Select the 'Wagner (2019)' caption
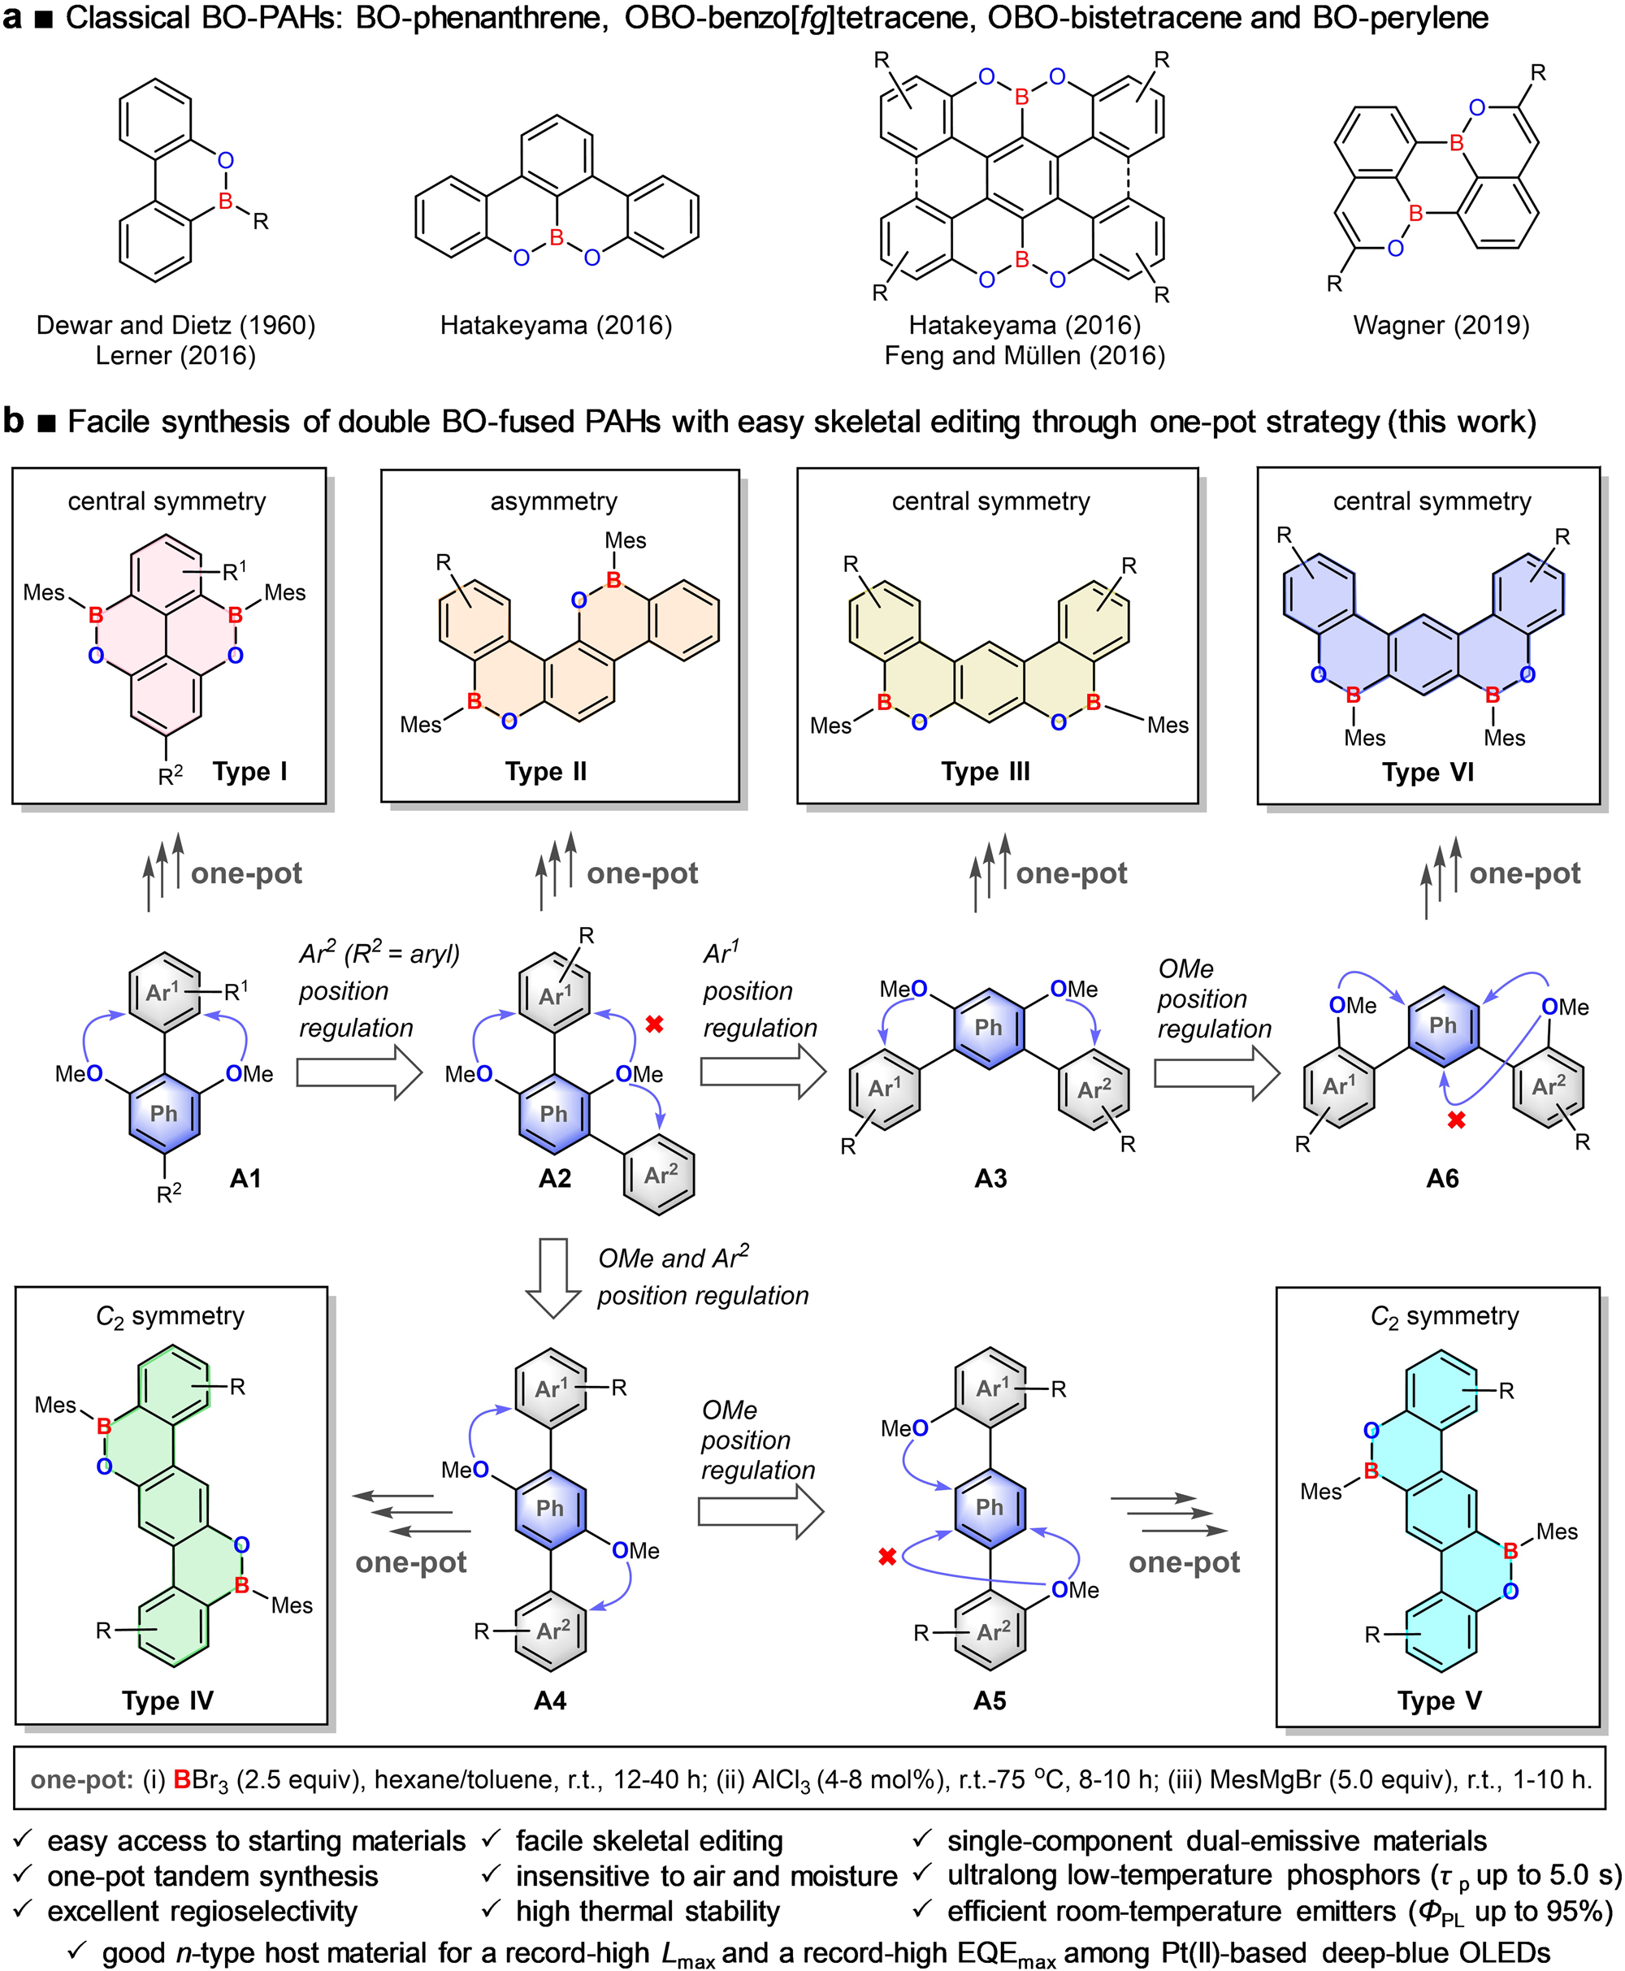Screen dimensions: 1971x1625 [1441, 325]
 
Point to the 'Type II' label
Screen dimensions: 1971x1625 [546, 771]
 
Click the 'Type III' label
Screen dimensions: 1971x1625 [985, 771]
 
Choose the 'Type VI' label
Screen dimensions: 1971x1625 [1428, 772]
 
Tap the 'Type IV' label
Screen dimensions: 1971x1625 [167, 1700]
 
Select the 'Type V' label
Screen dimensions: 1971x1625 [1439, 1700]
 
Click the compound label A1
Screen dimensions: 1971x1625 [245, 1178]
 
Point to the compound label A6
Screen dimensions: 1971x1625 [1442, 1178]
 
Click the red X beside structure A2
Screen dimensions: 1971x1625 [654, 1024]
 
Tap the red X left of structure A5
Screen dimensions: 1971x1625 [887, 1557]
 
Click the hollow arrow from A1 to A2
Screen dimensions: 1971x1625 [358, 1072]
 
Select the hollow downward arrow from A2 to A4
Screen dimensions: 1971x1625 [554, 1277]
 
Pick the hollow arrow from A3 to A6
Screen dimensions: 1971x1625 [1216, 1072]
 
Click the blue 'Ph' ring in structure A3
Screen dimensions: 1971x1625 [989, 1028]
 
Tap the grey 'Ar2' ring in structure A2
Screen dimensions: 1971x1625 [660, 1175]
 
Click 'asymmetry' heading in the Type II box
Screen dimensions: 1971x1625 [553, 501]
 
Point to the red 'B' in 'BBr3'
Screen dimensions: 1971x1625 [182, 1779]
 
